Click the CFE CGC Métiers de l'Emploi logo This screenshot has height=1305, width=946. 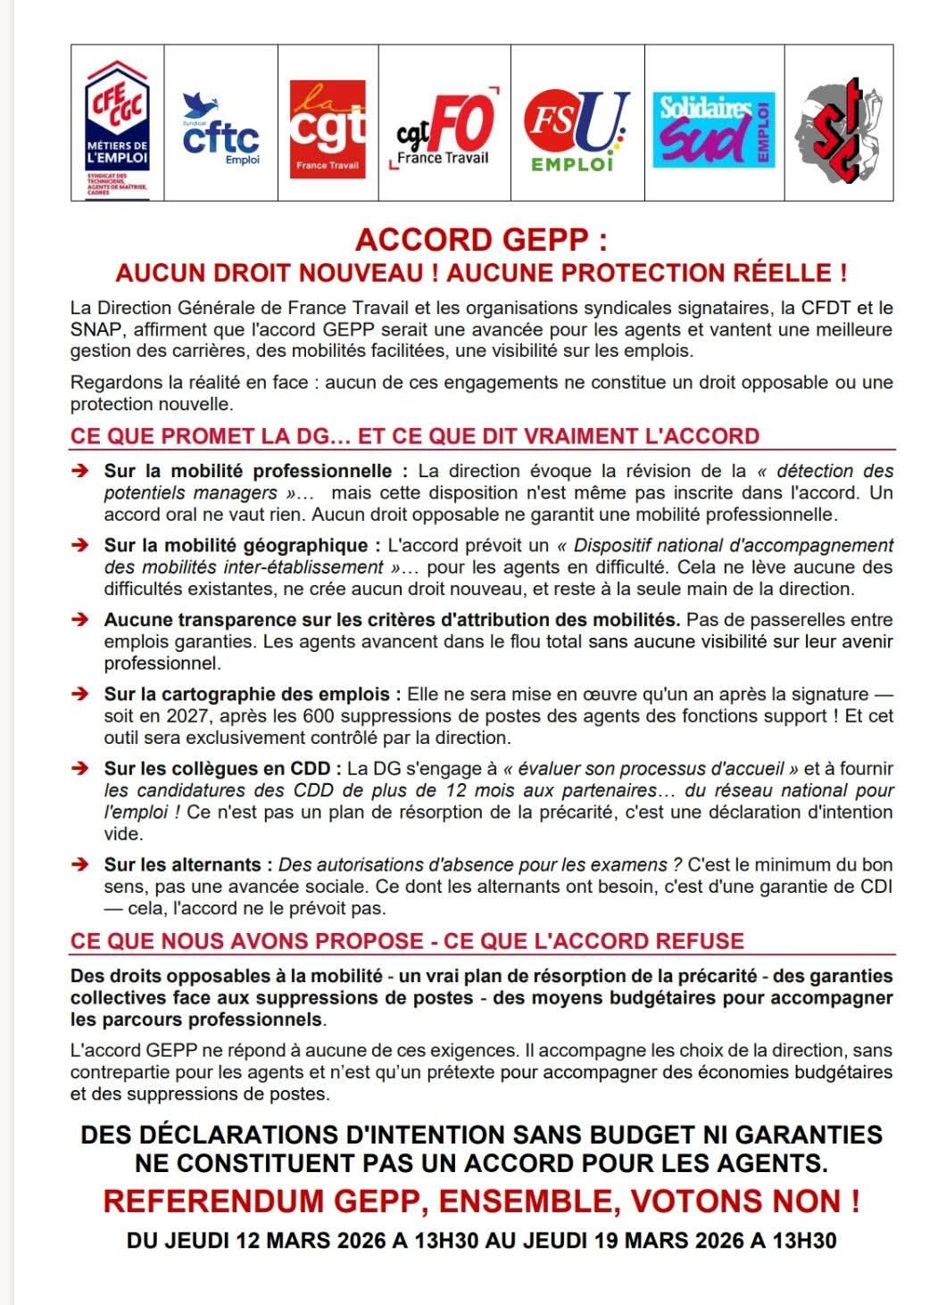pos(117,125)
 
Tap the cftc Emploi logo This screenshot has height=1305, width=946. pos(220,129)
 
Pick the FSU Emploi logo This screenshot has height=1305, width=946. pos(576,129)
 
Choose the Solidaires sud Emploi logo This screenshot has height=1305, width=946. pos(713,129)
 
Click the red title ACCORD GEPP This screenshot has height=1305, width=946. pos(481,241)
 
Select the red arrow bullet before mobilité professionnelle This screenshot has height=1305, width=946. pos(80,471)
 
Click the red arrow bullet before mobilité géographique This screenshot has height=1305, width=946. pos(80,546)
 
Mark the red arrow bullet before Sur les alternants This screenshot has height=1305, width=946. pos(80,865)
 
